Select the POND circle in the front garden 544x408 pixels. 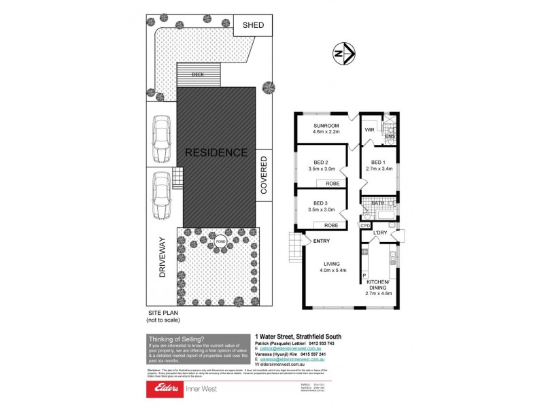click(x=220, y=241)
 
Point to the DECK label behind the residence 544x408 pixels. click(x=198, y=75)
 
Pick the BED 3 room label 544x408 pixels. click(x=322, y=203)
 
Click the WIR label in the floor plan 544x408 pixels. click(x=371, y=129)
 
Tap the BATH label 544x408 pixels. click(x=378, y=203)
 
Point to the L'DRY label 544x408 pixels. click(x=380, y=233)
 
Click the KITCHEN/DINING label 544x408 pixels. click(x=378, y=284)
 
